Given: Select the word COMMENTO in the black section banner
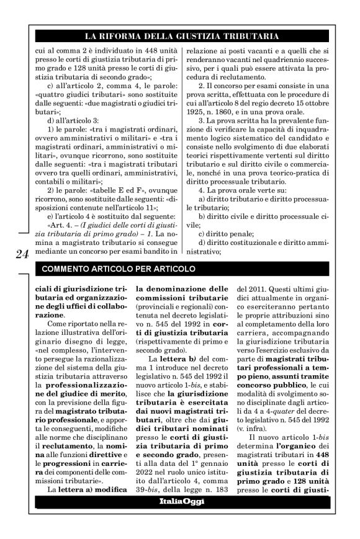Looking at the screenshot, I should (66, 269).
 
